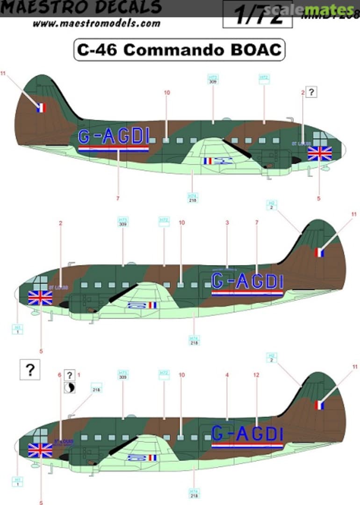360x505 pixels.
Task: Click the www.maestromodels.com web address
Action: [x=97, y=22]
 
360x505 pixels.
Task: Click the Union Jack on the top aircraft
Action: [x=320, y=153]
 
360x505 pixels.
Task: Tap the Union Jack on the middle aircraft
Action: [x=40, y=297]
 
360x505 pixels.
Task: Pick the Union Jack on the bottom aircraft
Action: [x=40, y=450]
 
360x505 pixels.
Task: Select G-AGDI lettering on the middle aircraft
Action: [x=247, y=281]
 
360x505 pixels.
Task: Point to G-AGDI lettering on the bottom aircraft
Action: [x=247, y=434]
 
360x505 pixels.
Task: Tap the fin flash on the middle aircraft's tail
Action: [x=320, y=252]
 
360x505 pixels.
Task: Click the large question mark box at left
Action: [x=30, y=370]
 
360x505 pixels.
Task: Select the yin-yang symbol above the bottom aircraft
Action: [x=70, y=387]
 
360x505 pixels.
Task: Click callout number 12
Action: [x=256, y=375]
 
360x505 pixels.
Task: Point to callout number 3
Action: [x=227, y=223]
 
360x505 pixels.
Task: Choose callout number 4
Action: [x=227, y=375]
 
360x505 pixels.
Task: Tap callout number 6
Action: [x=59, y=375]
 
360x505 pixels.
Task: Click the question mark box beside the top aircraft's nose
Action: [x=312, y=92]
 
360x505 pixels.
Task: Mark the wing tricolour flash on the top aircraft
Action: [x=208, y=161]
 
